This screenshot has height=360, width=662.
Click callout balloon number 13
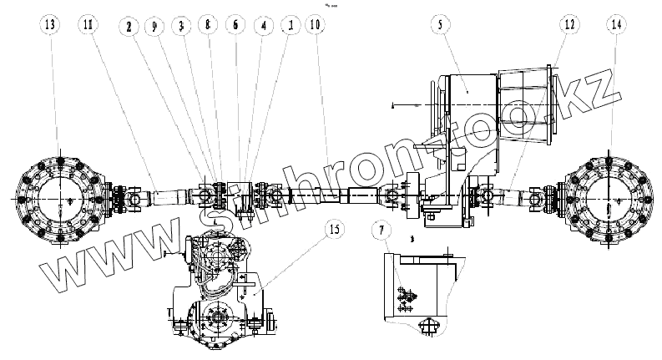(x=52, y=26)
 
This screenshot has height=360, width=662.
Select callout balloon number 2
(x=130, y=26)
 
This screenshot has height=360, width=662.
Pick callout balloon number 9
(x=154, y=26)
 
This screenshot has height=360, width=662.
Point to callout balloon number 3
(x=181, y=26)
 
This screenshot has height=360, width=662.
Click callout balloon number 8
(x=209, y=26)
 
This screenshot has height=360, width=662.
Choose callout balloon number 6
(x=235, y=26)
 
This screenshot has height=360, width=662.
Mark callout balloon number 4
(x=263, y=26)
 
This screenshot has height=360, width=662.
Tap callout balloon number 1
(x=289, y=26)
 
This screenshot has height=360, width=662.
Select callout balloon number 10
(x=315, y=26)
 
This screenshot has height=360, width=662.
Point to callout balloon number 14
(x=617, y=26)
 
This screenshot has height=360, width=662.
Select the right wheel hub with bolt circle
(x=607, y=200)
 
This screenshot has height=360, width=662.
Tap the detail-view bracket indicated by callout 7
(x=417, y=288)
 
